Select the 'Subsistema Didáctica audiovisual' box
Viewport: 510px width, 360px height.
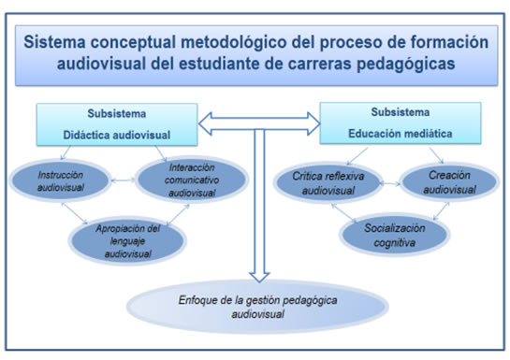tap(118, 123)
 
